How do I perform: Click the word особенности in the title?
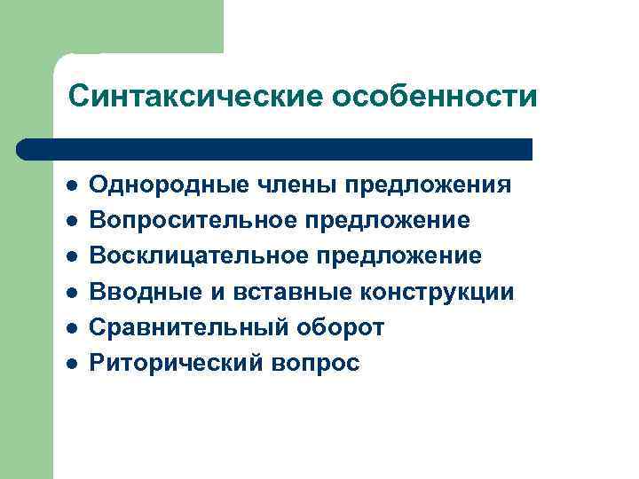coord(434,96)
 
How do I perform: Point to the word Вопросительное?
coord(187,220)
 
